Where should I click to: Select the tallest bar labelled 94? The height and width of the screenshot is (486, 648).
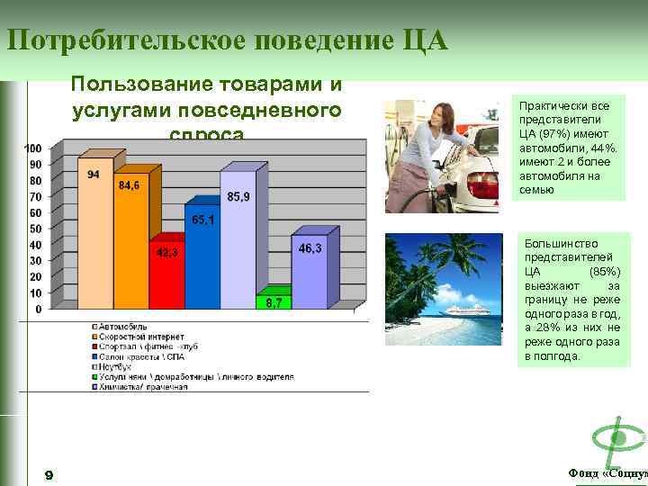click(94, 238)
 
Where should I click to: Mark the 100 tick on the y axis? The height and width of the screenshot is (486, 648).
click(32, 148)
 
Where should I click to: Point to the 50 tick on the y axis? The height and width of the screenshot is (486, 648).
click(34, 229)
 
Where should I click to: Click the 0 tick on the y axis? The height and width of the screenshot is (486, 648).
click(37, 310)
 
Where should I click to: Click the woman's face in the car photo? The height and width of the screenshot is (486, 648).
click(429, 114)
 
